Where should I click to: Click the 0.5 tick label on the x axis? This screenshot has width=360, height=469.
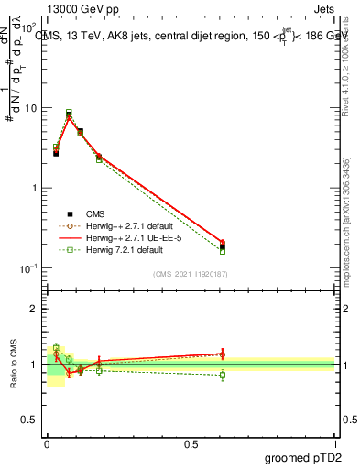[190, 444]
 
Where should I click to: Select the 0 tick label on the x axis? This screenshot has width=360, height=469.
[47, 444]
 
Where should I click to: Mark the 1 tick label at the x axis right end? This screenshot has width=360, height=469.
[335, 444]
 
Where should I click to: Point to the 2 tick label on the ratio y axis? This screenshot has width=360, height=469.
[35, 309]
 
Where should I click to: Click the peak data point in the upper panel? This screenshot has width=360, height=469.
[69, 115]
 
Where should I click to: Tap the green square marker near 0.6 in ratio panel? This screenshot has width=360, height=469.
[222, 375]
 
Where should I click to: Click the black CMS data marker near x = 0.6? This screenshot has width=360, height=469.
[222, 246]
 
